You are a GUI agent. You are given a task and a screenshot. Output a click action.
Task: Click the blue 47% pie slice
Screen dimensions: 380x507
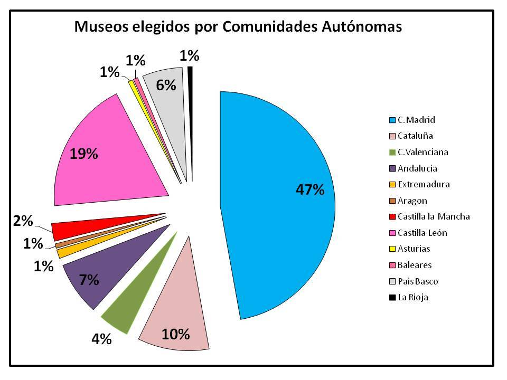(280, 206)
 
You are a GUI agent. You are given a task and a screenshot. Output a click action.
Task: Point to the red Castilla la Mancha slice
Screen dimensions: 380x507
(79, 228)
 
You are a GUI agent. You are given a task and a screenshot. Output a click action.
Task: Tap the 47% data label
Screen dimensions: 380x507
(309, 189)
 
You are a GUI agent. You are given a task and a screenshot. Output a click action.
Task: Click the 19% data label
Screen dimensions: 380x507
(84, 154)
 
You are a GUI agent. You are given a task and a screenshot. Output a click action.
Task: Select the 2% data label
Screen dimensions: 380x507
(23, 221)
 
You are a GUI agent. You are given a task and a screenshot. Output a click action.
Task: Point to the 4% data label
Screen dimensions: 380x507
(101, 339)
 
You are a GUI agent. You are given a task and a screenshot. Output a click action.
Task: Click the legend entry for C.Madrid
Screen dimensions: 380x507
(416, 120)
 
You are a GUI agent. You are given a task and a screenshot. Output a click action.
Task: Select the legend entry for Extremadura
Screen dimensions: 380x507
(424, 184)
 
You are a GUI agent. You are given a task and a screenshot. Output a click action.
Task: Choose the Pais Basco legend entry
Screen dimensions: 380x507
(418, 281)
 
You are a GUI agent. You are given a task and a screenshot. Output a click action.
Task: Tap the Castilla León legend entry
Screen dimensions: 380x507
(422, 233)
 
